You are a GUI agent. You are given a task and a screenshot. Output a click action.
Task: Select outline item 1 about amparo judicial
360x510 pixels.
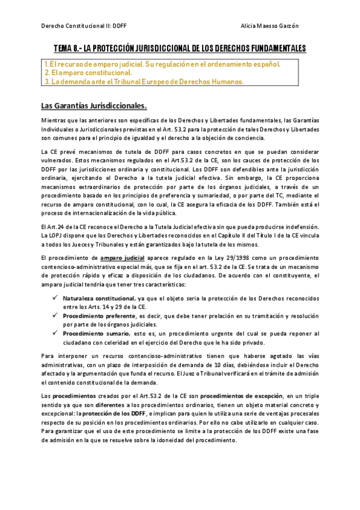[162, 63]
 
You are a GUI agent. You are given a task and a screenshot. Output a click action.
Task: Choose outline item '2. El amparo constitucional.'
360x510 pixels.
[88, 72]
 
